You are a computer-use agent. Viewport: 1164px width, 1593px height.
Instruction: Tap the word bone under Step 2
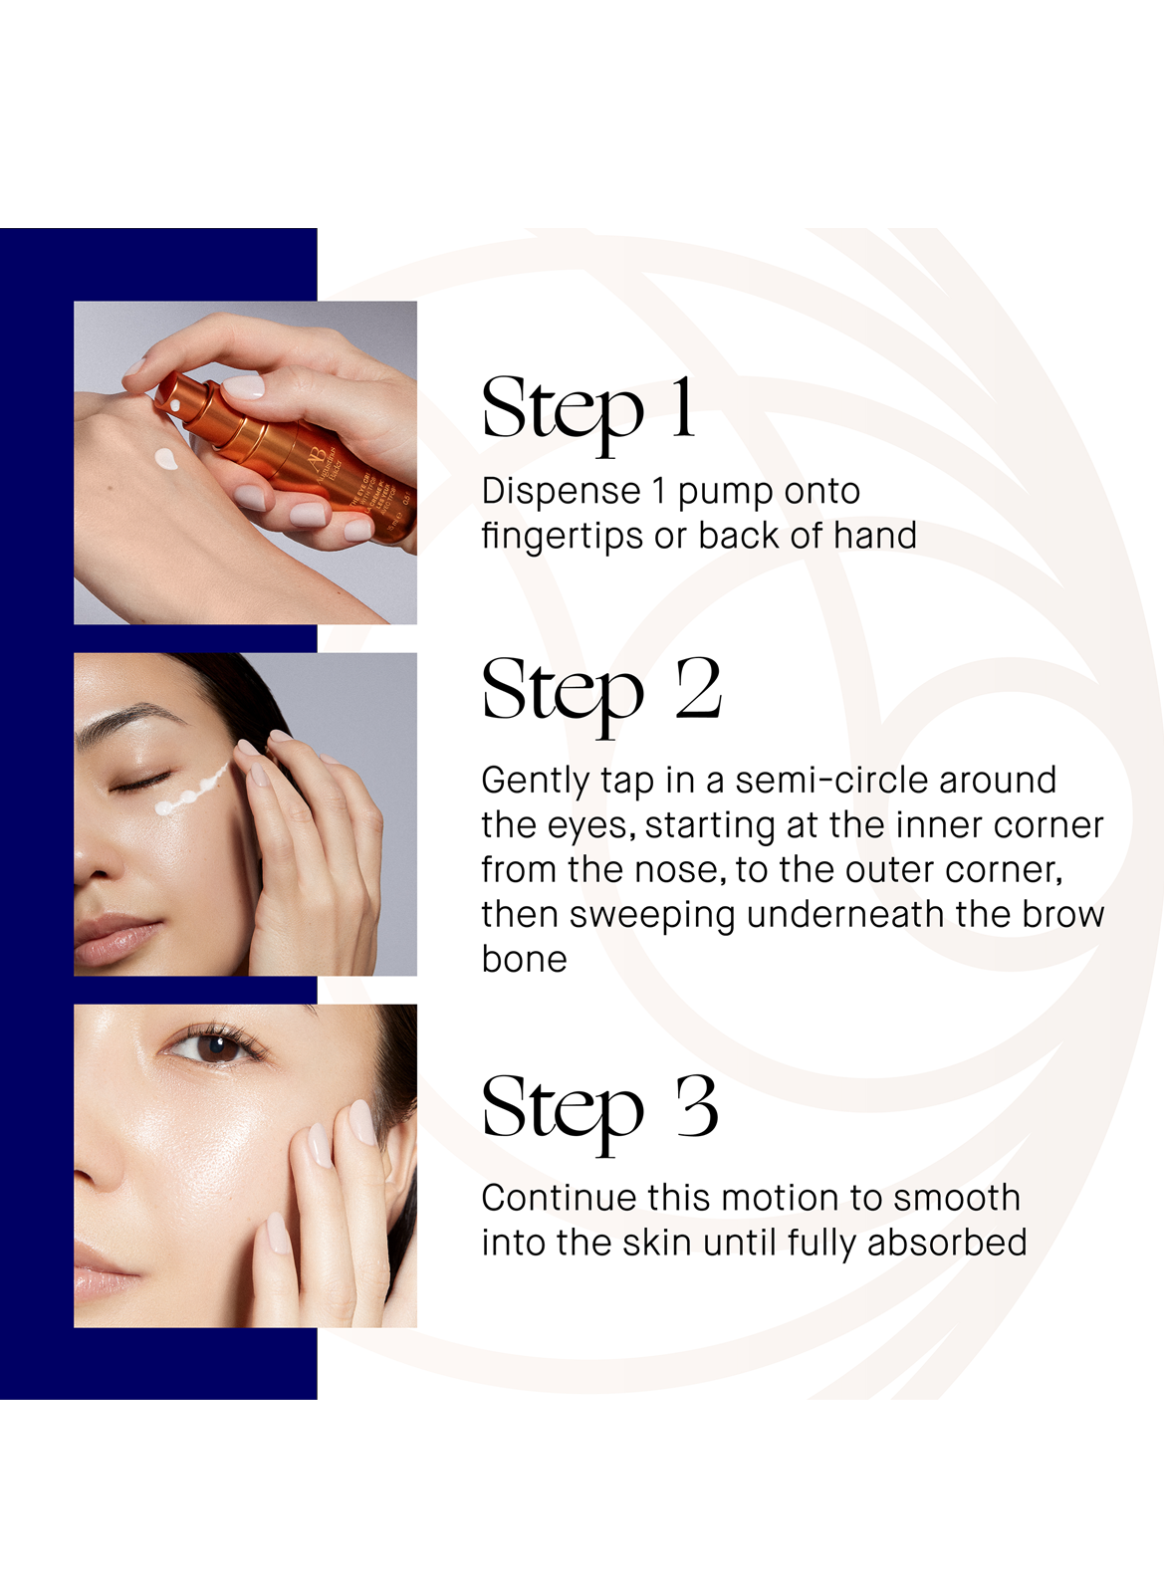(524, 959)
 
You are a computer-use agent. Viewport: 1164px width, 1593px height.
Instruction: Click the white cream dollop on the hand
(166, 460)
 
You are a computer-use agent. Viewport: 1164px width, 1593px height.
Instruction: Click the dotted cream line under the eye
(193, 792)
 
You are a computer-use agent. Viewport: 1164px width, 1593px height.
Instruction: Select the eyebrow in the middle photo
(129, 720)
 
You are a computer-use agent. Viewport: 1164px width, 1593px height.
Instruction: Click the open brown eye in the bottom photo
(212, 1047)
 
